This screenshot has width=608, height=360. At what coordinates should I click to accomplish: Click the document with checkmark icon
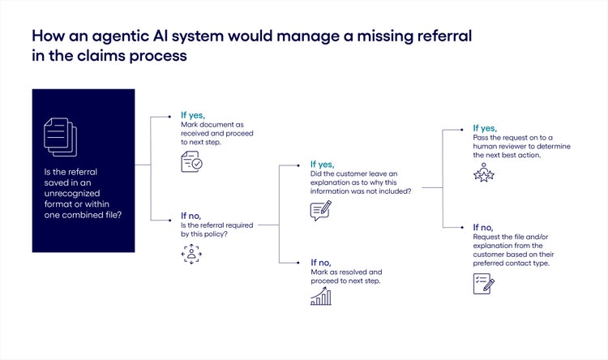191,162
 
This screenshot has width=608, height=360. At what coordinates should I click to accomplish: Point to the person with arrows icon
191,254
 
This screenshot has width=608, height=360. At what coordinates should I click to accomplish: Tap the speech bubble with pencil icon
321,212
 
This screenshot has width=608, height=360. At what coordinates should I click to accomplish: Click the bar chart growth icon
321,297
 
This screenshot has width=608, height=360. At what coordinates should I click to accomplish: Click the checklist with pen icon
484,283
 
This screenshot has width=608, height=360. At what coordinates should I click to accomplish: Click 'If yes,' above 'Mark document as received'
193,115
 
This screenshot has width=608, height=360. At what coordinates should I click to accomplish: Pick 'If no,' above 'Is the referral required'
192,216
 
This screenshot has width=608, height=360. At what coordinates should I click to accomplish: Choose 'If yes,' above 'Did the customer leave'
323,163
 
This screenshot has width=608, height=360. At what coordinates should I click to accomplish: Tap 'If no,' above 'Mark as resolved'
322,262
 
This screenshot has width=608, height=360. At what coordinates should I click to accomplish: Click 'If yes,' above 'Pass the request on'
486,128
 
